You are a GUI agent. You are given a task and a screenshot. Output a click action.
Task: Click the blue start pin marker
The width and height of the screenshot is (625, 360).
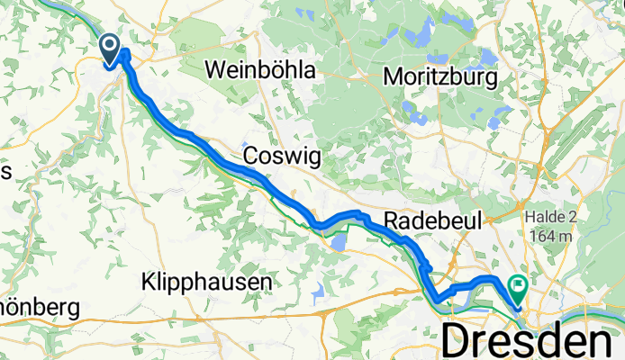(x=111, y=49)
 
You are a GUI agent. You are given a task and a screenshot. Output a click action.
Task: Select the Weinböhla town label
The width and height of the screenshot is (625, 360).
(x=261, y=69)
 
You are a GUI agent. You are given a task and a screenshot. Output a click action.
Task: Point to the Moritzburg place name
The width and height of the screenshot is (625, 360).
(x=440, y=78)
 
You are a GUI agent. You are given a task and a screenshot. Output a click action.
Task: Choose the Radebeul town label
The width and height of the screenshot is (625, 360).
(x=435, y=219)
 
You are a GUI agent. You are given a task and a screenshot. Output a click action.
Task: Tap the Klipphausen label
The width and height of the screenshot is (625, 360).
(x=207, y=283)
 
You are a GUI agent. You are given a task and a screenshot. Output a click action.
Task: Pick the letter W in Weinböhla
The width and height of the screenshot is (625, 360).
(x=216, y=69)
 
